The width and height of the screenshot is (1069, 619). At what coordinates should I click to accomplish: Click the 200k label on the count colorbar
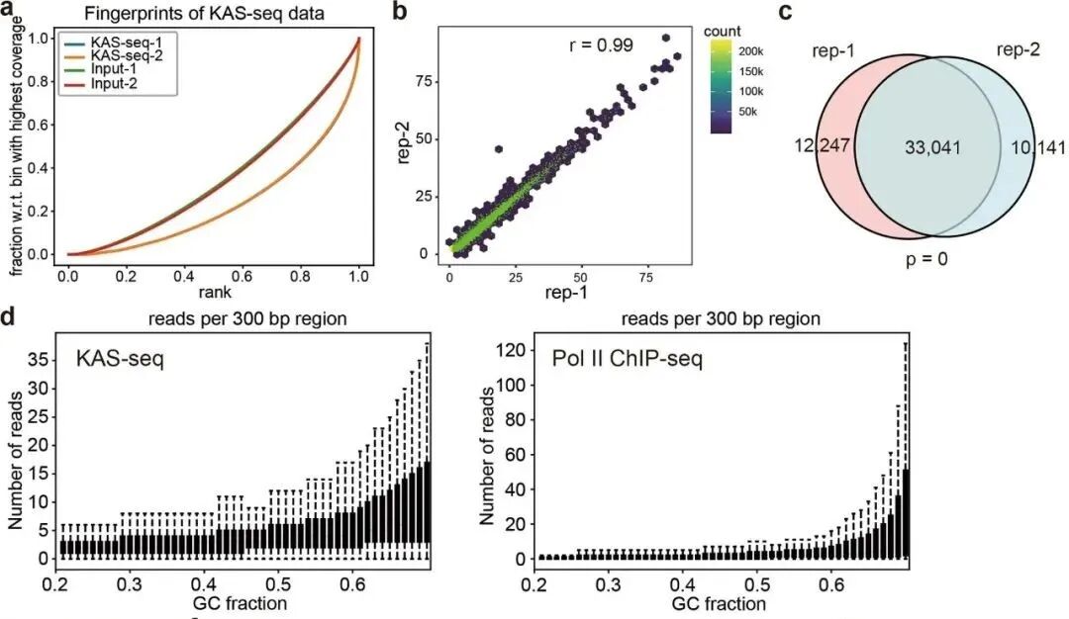pos(758,50)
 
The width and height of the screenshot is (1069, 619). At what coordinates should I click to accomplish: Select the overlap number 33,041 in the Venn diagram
pos(931,147)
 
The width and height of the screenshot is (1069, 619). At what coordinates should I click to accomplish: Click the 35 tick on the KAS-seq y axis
pos(37,361)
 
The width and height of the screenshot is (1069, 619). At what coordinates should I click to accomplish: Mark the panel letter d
pos(9,321)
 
